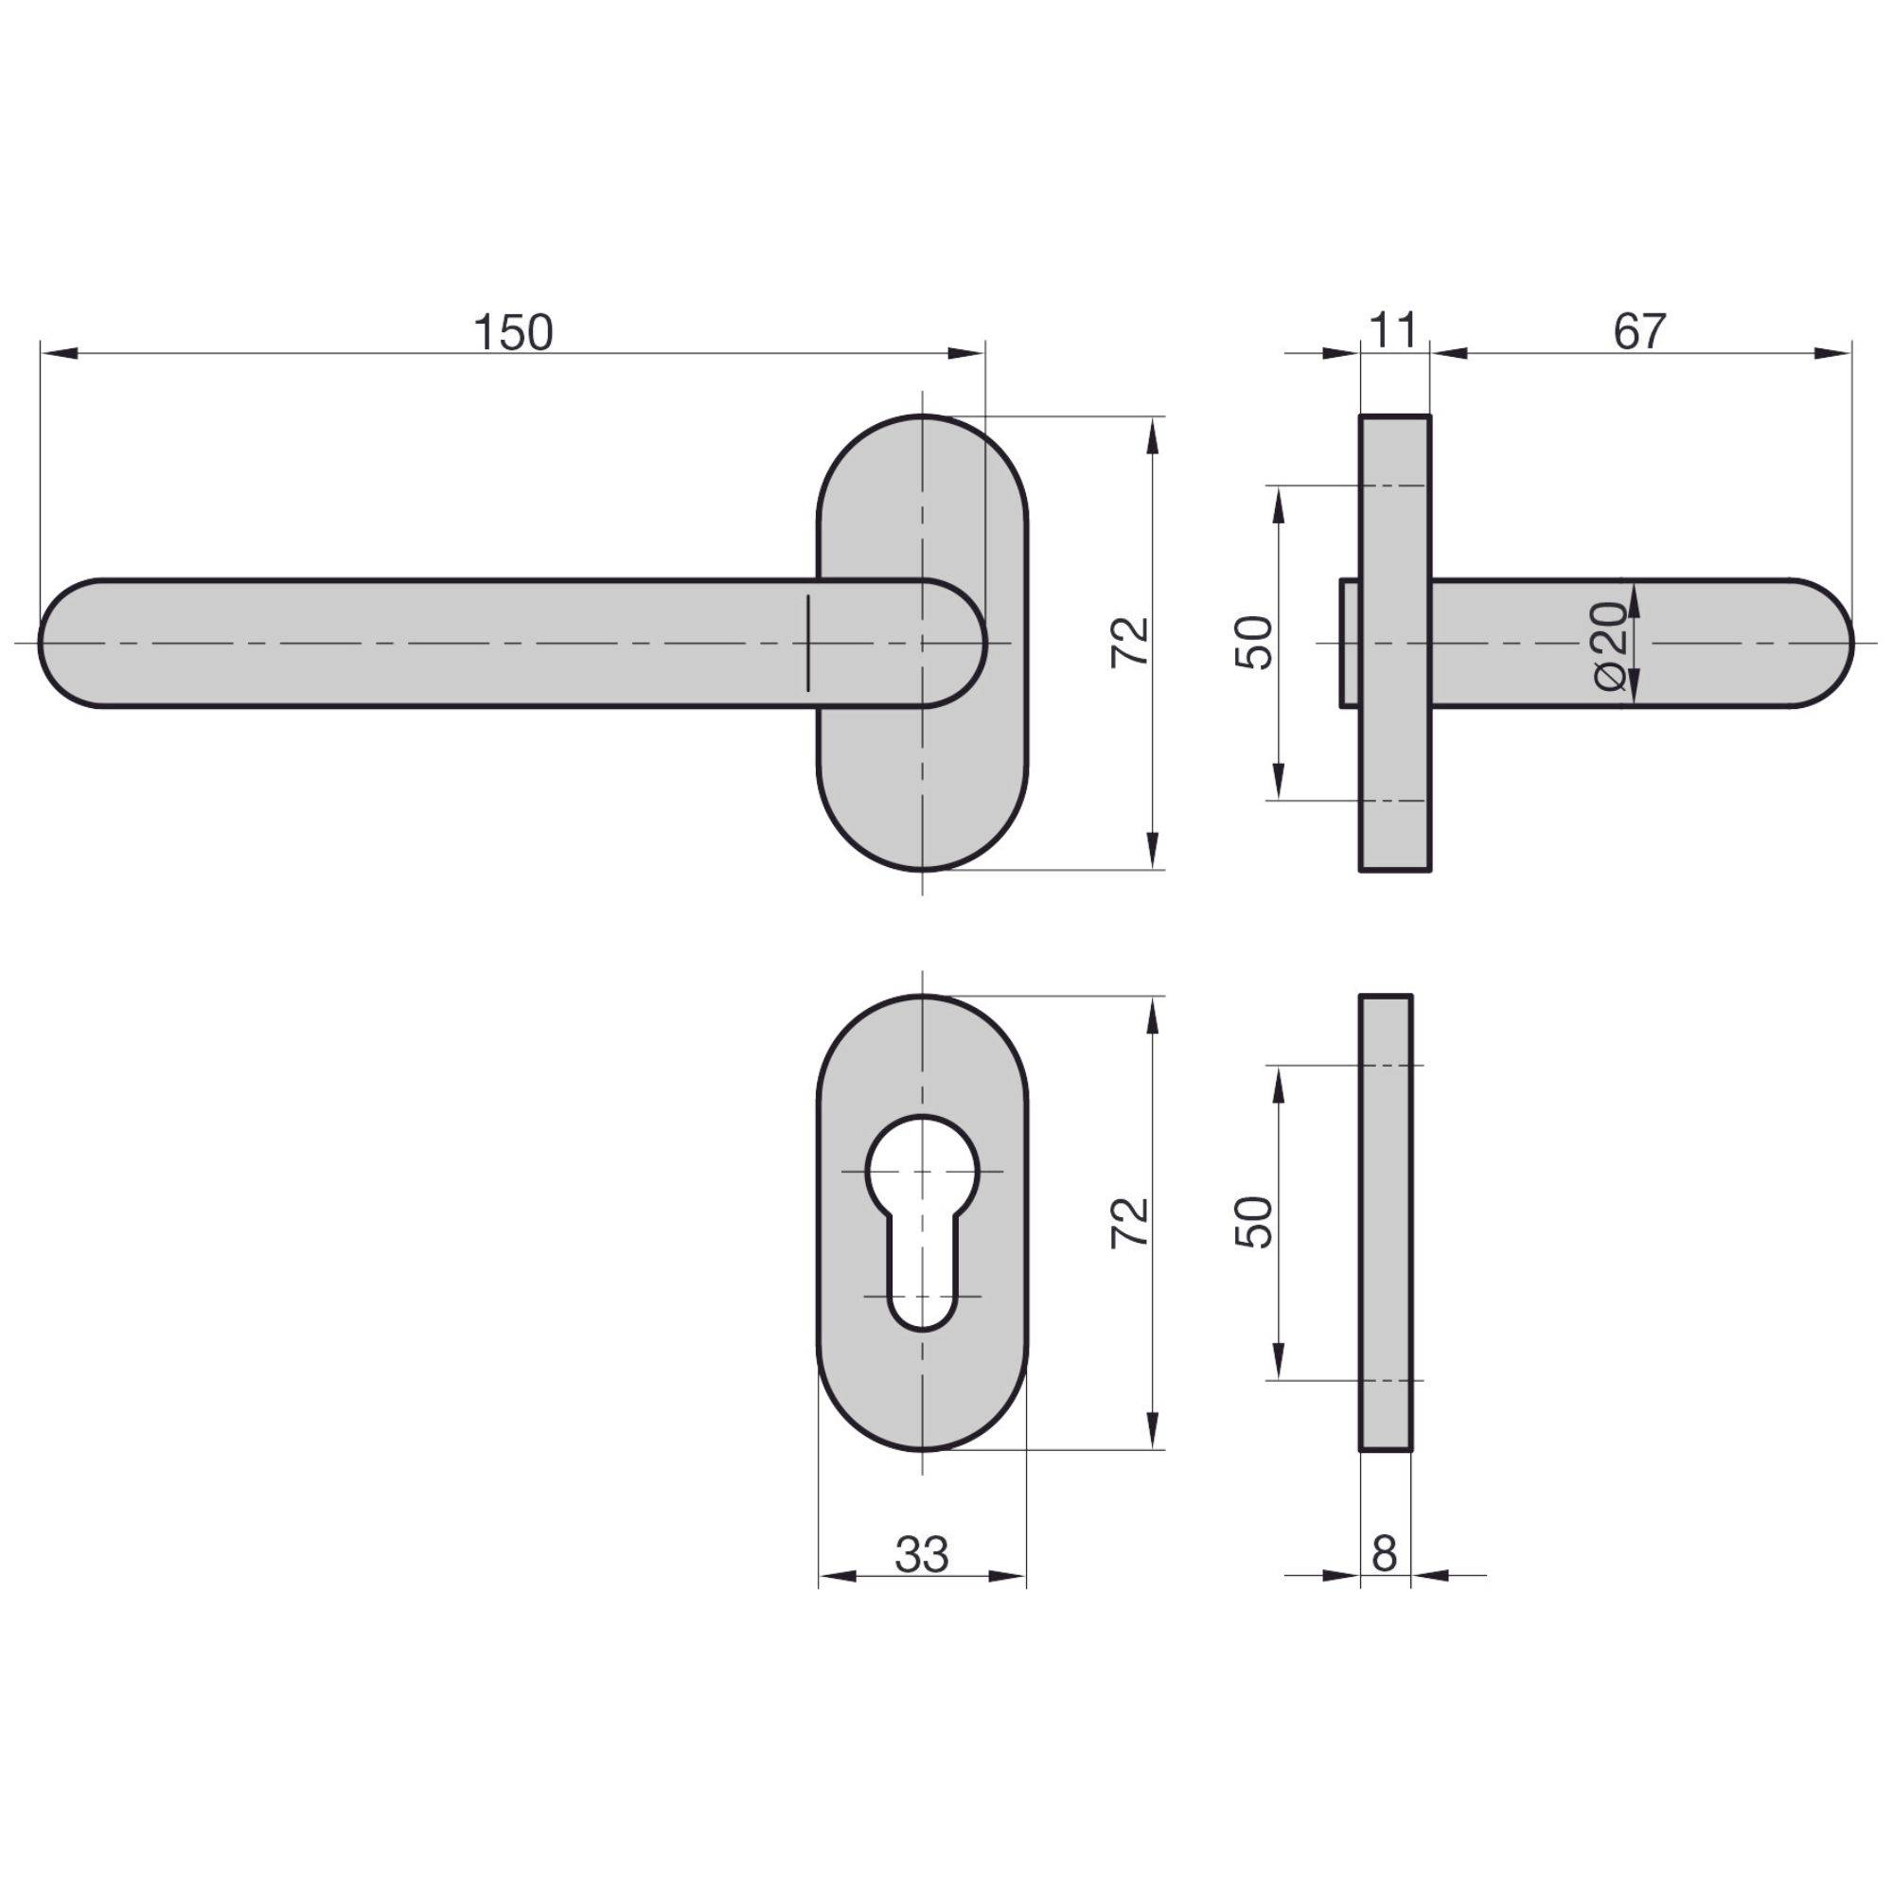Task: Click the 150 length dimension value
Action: [x=513, y=333]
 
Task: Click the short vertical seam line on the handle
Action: [x=808, y=643]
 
